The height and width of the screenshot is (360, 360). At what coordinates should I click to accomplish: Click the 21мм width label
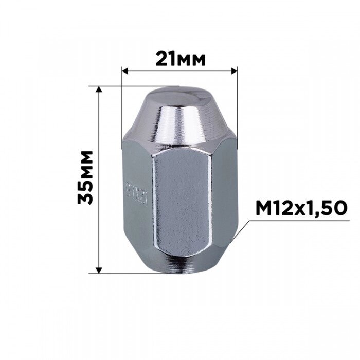(181, 59)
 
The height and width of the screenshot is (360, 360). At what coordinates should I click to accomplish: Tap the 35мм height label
(85, 177)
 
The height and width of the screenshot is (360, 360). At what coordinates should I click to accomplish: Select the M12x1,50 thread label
(301, 208)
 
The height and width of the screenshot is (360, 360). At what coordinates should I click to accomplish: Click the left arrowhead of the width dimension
(125, 71)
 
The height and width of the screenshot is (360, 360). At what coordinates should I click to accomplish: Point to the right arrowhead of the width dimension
(234, 71)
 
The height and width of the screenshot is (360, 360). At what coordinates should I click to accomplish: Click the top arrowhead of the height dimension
(99, 89)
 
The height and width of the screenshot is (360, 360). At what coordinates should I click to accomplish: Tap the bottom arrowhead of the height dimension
(99, 271)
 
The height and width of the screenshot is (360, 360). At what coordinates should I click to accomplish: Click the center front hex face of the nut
(182, 202)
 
